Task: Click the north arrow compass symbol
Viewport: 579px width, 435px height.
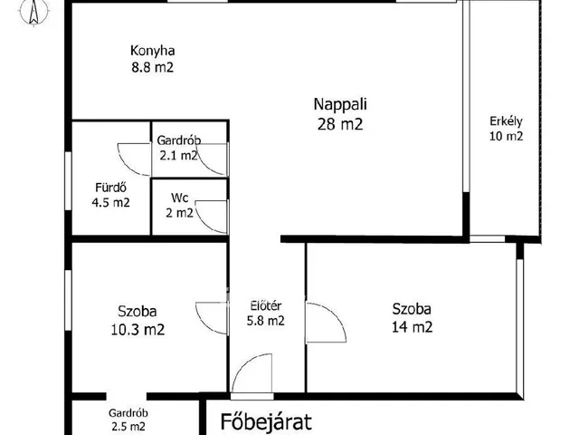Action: click(x=34, y=13)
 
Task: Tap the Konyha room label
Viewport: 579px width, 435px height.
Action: click(x=153, y=51)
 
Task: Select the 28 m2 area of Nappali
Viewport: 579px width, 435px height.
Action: click(x=340, y=124)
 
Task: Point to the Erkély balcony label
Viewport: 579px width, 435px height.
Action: click(x=506, y=121)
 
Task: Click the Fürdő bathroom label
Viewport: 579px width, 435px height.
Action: click(x=110, y=188)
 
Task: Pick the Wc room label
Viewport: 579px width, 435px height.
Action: click(x=180, y=198)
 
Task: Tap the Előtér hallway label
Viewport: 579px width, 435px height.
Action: click(x=266, y=306)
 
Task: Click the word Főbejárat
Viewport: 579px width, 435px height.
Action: click(x=266, y=421)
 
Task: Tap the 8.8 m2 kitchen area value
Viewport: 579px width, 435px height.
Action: click(x=153, y=68)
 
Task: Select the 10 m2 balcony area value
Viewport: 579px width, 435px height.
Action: click(x=507, y=136)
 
